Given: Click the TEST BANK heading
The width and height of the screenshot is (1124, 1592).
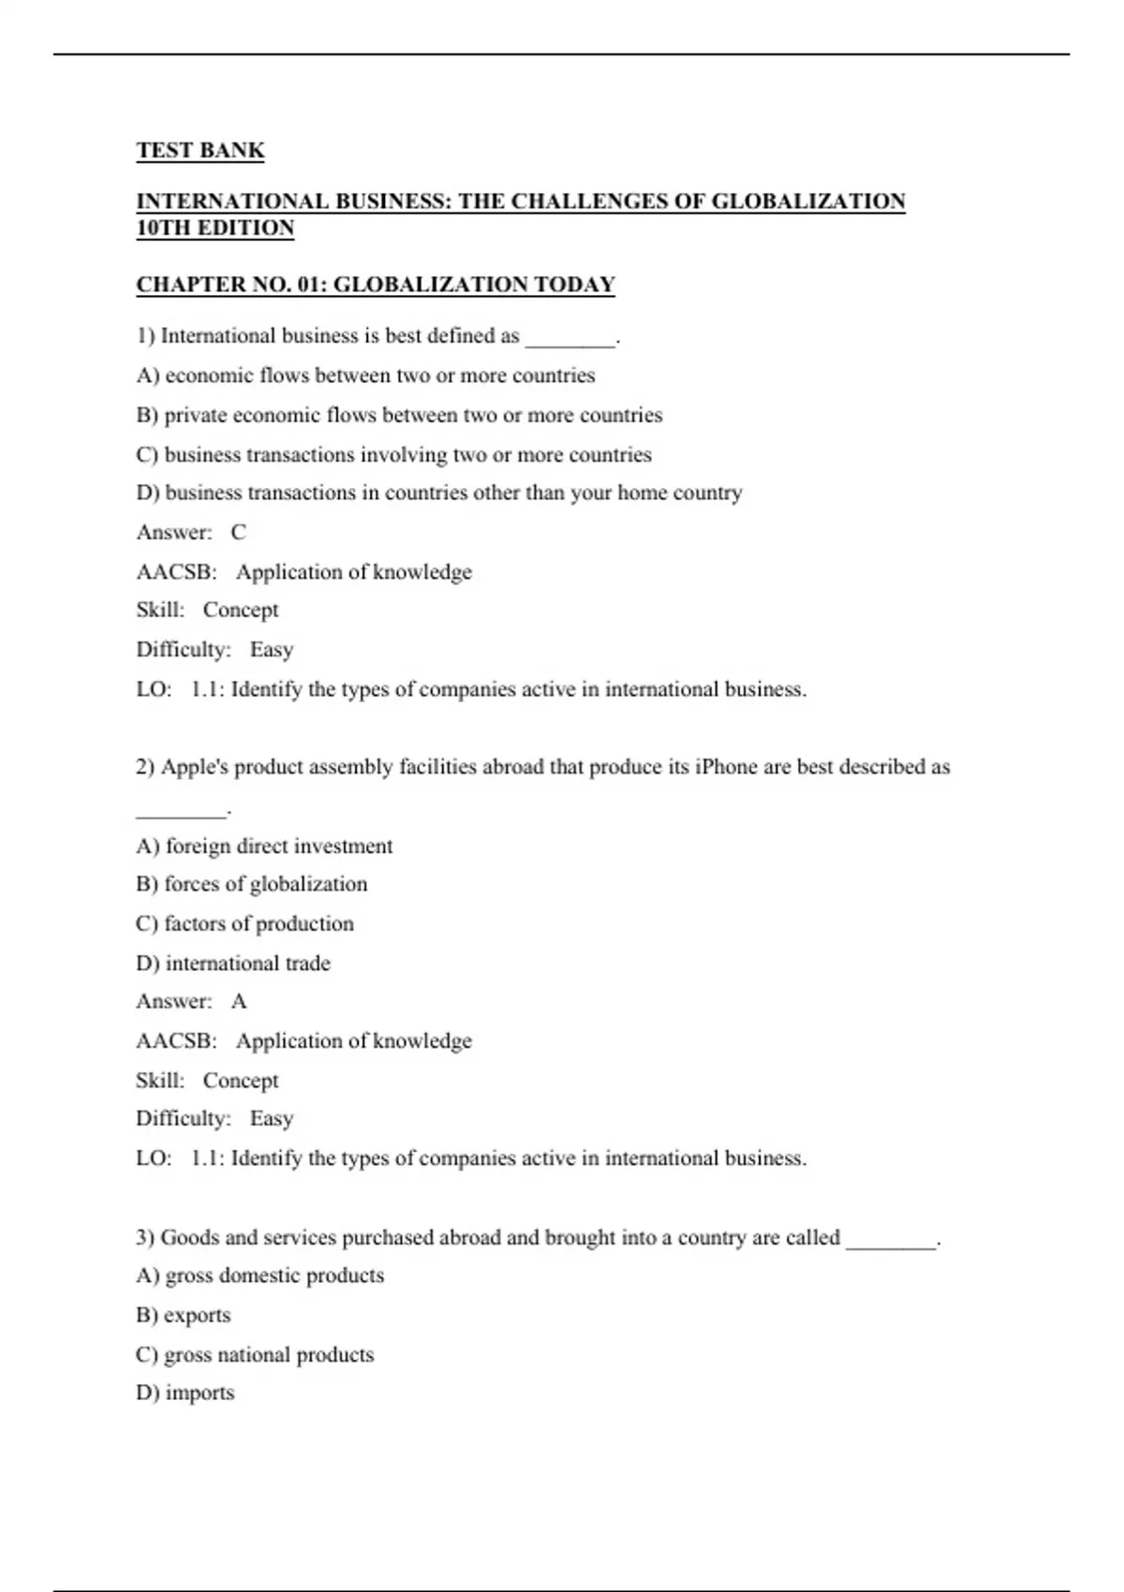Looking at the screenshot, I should coord(200,151).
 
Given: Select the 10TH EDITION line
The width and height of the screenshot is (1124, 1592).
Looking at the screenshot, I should coord(215,228).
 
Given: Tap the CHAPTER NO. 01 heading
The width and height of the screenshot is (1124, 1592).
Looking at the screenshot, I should coord(376,285).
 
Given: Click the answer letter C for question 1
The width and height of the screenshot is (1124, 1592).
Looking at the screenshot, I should coord(239,533).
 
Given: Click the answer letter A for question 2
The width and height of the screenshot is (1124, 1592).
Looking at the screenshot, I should coord(239,1002).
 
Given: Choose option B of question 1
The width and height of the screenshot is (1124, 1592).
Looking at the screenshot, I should coord(399,415).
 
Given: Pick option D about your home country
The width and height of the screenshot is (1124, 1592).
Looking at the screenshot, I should coord(439,493).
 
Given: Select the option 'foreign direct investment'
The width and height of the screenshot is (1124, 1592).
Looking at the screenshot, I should coord(264,847).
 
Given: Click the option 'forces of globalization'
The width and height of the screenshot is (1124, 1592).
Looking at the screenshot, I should coord(252,884).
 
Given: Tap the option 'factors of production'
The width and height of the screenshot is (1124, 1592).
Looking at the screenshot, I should coord(245,923).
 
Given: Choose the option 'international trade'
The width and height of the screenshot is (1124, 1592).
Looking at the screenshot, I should coord(233,963).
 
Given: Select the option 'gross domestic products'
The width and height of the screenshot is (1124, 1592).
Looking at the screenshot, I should coord(260,1275).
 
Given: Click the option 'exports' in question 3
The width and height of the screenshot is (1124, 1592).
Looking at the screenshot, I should coord(184,1315).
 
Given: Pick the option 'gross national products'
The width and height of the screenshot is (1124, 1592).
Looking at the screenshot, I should coord(255,1354).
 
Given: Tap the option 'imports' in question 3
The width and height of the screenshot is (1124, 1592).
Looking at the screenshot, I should coord(185,1393).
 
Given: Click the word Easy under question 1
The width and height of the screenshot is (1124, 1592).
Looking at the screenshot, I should coord(272,650).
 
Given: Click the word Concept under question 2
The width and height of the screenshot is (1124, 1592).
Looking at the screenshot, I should coord(241,1081).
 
